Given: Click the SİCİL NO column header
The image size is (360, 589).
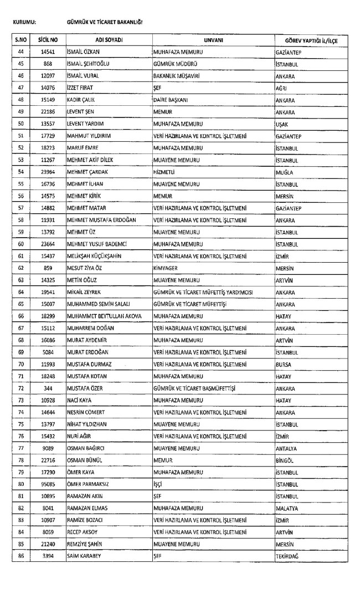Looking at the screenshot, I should pyautogui.click(x=48, y=40).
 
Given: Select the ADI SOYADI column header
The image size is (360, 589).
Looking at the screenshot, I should pyautogui.click(x=109, y=40).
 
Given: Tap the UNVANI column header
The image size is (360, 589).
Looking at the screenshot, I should pyautogui.click(x=213, y=40).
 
